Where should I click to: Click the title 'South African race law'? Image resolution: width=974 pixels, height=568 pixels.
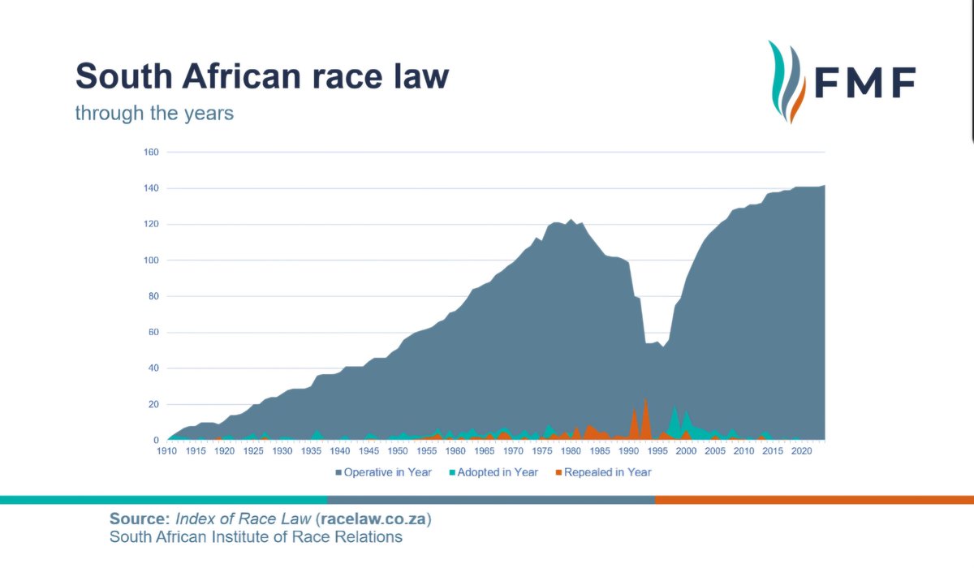261,77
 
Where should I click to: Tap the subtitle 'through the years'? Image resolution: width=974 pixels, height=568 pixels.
154,113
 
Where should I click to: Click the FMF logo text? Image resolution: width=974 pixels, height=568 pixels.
865,82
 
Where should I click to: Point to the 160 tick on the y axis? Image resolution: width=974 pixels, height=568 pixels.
151,153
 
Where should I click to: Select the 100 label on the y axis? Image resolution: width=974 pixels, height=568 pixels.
151,260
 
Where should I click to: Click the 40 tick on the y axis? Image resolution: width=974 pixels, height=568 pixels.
153,368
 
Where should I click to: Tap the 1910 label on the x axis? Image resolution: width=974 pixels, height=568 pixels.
167,451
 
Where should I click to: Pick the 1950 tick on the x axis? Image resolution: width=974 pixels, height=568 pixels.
398,451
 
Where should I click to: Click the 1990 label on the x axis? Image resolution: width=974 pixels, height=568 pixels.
628,451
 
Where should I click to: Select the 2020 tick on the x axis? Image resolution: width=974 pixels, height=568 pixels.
801,451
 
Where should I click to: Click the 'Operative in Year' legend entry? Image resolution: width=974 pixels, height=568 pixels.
382,472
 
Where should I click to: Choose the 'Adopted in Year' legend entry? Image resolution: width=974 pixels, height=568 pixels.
493,472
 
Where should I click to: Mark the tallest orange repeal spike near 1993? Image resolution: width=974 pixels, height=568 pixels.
645,400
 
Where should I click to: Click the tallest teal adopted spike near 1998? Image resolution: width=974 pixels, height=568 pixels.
674,408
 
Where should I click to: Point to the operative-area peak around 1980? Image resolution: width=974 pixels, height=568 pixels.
571,221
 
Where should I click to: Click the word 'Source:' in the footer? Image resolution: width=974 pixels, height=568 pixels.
136,519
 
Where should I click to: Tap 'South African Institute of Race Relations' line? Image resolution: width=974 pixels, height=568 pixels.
256,537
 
